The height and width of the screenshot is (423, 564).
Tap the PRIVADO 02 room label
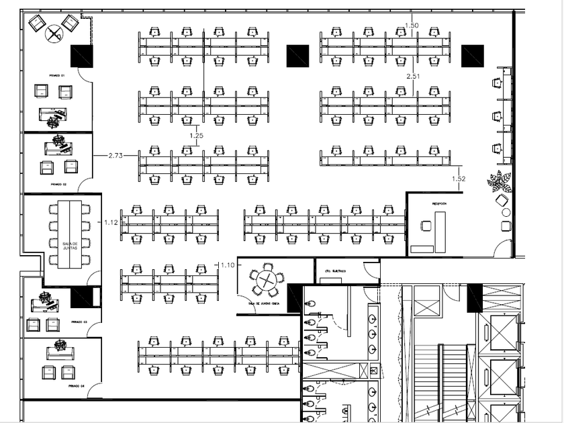[x=58, y=183]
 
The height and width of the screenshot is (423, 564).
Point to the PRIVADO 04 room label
[x=75, y=386]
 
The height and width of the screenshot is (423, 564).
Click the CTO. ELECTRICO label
[x=335, y=271]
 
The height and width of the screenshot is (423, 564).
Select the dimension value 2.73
[x=115, y=155]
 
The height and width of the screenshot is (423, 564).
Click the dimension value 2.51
[x=412, y=77]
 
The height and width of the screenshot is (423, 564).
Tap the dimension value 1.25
[x=196, y=136]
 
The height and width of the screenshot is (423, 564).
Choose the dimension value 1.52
[x=459, y=179]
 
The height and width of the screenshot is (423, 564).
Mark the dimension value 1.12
[x=111, y=222]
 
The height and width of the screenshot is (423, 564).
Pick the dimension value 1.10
[x=227, y=265]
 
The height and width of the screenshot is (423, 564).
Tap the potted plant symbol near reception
[x=500, y=181]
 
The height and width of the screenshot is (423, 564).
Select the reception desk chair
[x=425, y=226]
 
